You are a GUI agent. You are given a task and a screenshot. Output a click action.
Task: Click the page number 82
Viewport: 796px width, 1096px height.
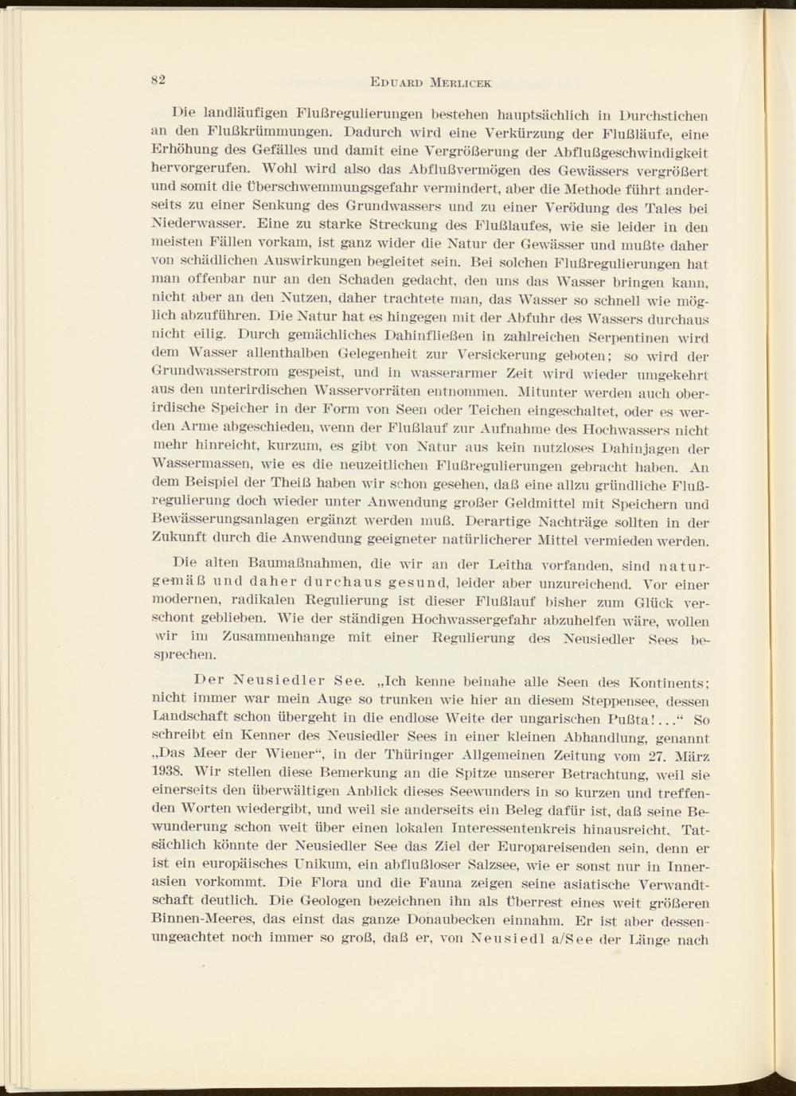156,79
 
